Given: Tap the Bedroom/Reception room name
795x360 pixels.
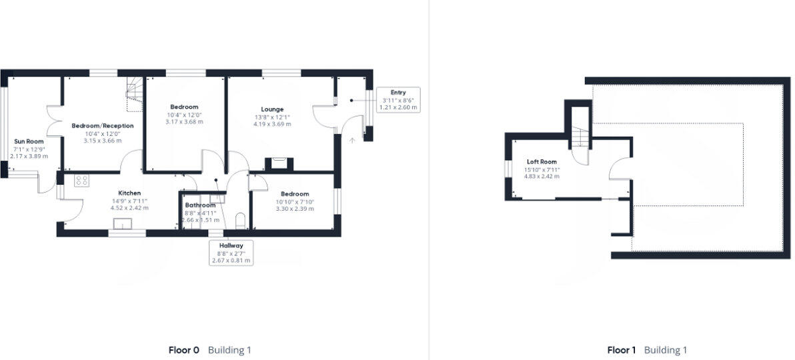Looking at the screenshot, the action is (x=103, y=125).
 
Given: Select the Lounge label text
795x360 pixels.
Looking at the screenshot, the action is (x=272, y=109).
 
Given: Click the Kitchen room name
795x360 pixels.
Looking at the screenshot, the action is (x=129, y=193).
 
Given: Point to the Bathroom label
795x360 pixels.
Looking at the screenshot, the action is (x=200, y=205).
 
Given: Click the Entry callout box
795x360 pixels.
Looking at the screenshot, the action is (x=398, y=99).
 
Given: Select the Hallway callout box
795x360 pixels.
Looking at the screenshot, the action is (x=231, y=253).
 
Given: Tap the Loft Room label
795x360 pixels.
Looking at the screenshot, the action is (x=542, y=162).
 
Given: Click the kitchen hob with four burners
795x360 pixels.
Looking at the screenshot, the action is (x=83, y=180).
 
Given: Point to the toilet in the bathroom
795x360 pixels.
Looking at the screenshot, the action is (x=241, y=221).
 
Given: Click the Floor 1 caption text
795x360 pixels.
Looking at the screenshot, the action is (x=622, y=350).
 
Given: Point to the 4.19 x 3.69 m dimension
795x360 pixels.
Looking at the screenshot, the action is (x=272, y=124).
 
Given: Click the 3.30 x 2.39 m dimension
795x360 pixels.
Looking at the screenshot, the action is (x=295, y=209).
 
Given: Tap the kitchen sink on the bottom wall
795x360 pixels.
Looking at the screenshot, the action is (x=124, y=224).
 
